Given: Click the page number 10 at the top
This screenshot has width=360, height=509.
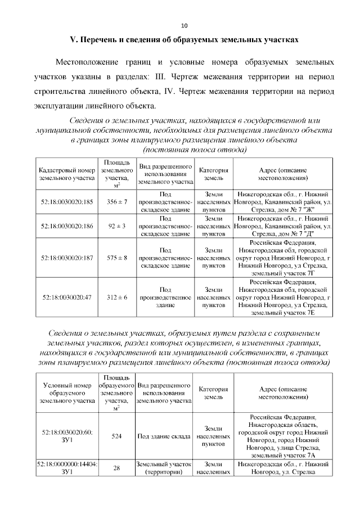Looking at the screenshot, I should [x=184, y=26].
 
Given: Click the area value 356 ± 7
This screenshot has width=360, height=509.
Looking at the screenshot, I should [x=117, y=201].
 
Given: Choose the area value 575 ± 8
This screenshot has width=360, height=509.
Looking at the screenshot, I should [x=117, y=257].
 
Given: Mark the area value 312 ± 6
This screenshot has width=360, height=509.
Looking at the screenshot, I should [x=117, y=296].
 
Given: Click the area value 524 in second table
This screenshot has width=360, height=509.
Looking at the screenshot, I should [x=117, y=435].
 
